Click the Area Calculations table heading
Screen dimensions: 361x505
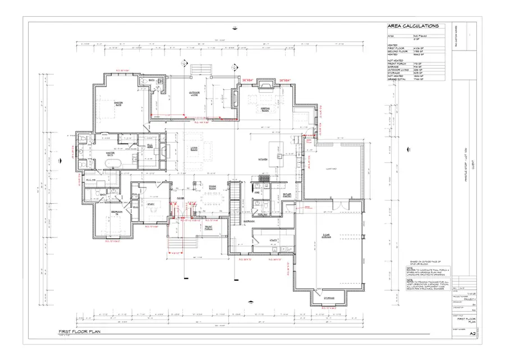coord(412,26)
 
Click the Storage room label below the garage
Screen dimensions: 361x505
coord(328,298)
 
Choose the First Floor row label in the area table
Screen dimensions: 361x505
coord(395,49)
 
